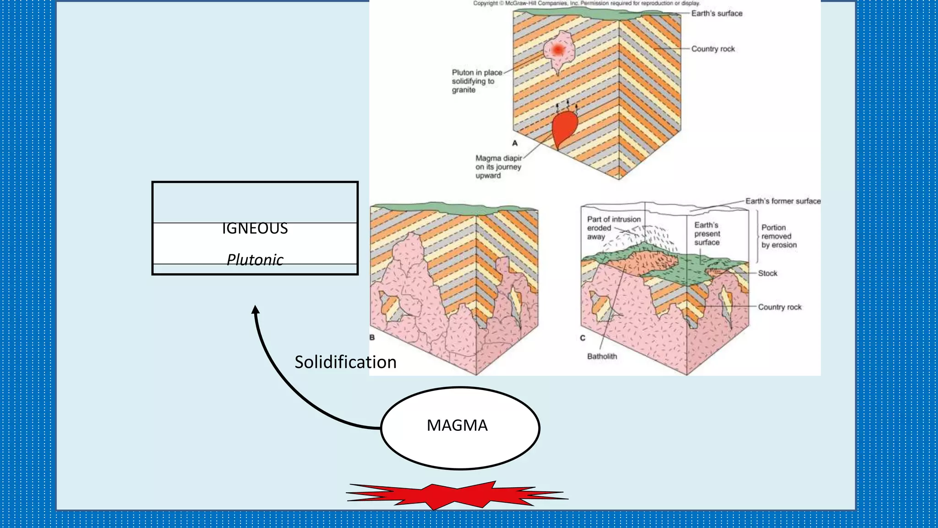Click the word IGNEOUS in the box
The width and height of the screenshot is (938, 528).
pos(255,228)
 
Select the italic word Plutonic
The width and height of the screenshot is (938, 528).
pos(255,260)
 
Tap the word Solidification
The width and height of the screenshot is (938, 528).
pos(345,362)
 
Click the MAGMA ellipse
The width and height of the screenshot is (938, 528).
pos(459,427)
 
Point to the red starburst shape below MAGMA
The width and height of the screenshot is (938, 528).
pos(457,495)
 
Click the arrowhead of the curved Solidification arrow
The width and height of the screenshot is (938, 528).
pos(256,310)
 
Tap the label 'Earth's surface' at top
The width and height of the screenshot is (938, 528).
pos(716,13)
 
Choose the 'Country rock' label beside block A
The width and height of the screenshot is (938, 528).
pos(713,49)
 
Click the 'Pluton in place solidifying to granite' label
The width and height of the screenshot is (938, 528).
pos(476,81)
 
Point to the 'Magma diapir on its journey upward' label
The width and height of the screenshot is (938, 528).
pos(498,167)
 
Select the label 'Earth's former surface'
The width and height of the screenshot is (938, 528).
pos(783,201)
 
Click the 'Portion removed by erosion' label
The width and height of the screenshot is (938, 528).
pos(779,236)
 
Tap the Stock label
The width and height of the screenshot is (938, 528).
pos(767,273)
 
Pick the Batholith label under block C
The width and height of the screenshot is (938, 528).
pos(602,356)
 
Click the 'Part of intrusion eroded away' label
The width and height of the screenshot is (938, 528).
pos(613,228)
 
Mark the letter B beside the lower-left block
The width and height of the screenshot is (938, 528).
pos(372,337)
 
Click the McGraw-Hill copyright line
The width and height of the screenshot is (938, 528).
pos(586,3)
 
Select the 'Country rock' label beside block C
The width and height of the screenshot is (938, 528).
pos(780,307)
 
